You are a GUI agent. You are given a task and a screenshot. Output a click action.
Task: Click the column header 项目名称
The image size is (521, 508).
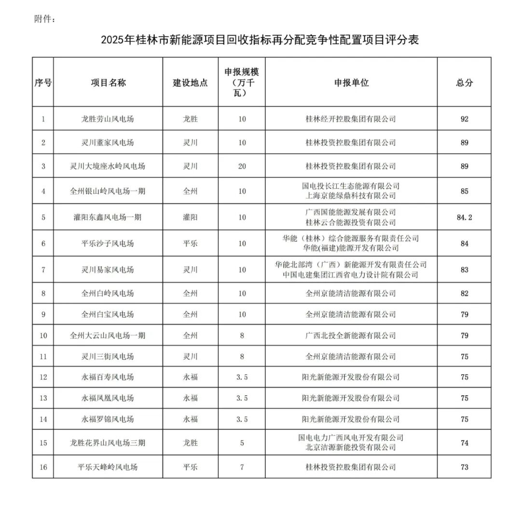click(x=108, y=82)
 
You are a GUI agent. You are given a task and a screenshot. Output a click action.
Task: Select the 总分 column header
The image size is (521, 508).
click(x=464, y=82)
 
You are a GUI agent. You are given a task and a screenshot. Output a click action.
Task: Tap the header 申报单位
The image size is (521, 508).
click(x=351, y=82)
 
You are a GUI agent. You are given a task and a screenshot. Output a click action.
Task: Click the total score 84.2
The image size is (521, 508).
click(x=464, y=217)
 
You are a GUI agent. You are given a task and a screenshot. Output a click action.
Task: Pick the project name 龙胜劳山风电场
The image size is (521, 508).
click(x=108, y=119)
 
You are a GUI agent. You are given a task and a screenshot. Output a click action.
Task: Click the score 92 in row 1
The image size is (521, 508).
click(x=464, y=119)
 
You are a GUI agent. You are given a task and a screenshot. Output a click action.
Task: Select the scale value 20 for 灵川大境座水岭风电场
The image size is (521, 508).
click(x=242, y=166)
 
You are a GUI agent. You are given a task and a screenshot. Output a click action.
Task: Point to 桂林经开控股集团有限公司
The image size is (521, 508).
click(x=351, y=119)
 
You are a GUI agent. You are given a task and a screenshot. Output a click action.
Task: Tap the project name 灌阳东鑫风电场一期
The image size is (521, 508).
click(x=108, y=217)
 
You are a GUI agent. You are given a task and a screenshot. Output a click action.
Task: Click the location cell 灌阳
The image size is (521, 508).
click(x=190, y=217)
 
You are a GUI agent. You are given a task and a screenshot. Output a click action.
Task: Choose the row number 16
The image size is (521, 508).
click(x=43, y=467)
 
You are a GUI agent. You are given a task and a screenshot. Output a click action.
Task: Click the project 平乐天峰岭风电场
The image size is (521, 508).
click(x=108, y=467)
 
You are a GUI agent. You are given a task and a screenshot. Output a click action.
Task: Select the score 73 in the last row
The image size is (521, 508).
click(x=464, y=467)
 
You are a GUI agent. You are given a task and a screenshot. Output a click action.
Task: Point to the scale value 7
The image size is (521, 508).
click(x=242, y=467)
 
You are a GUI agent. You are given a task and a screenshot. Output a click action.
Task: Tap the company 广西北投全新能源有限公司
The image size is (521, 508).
click(x=351, y=335)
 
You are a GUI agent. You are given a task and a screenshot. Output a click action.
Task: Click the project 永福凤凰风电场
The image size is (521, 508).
click(x=108, y=398)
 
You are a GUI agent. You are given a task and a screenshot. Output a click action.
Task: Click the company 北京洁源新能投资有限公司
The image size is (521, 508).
click(x=351, y=447)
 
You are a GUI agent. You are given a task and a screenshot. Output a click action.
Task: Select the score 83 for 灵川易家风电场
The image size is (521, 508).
click(x=464, y=270)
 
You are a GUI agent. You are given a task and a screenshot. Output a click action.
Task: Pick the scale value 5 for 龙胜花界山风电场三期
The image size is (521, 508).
click(x=242, y=443)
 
